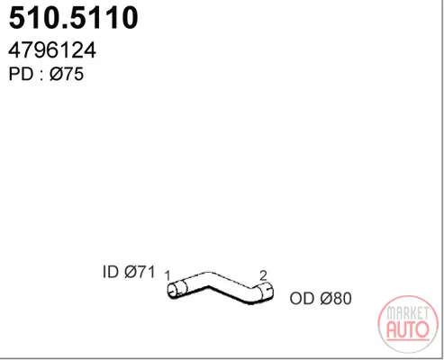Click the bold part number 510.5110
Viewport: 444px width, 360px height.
pos(74,18)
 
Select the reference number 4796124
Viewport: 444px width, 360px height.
pos(52,50)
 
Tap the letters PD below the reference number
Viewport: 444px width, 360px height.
pos(21,74)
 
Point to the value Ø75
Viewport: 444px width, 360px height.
pos(67,74)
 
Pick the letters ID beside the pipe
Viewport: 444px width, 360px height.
pos(111,272)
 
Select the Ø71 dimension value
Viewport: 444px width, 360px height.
pos(140,272)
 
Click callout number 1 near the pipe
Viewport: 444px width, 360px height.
pos(168,276)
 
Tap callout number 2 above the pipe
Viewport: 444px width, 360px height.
pos(263,275)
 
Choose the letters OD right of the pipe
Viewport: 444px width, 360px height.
pos(302,299)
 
